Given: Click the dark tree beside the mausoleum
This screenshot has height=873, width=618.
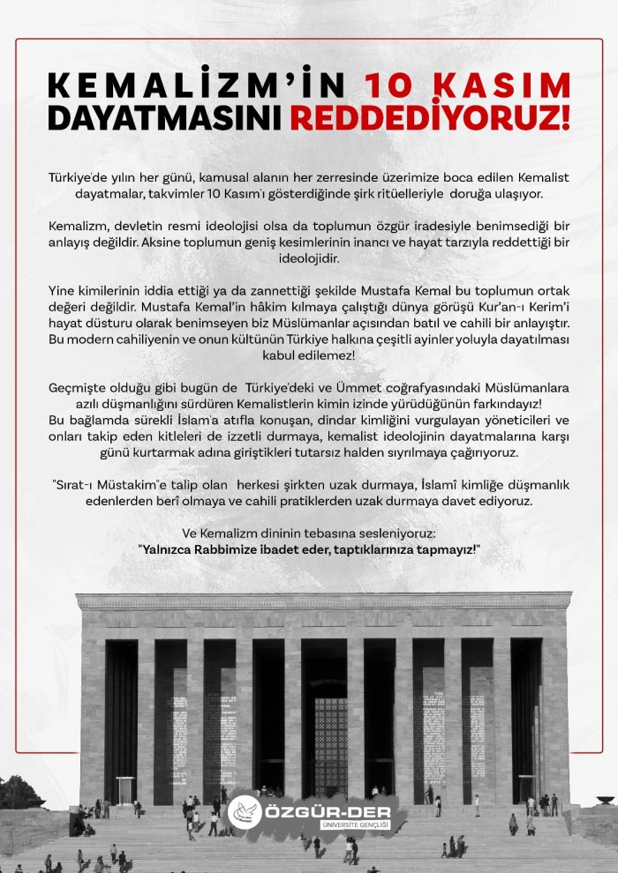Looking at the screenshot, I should [18, 794].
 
